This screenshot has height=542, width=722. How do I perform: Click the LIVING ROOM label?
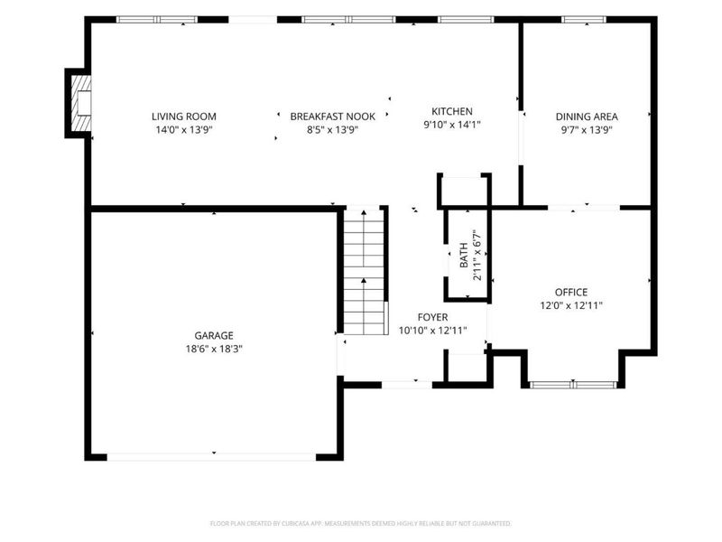coord(184,117)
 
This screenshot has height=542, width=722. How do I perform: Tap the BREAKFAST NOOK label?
coord(332,117)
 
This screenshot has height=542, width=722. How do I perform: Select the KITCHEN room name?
coord(452,111)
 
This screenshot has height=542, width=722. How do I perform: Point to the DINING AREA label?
coord(587,117)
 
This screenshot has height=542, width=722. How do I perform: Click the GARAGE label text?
coord(214,335)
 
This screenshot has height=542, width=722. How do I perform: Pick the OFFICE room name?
coord(571,292)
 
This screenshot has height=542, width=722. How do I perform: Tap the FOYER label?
coord(432,317)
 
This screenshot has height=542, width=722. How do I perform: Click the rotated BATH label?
coord(464,255)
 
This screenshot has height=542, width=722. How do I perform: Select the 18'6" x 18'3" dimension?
coord(214,349)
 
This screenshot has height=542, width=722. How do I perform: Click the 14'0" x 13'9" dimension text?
coord(184,130)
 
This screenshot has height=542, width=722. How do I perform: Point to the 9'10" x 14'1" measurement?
coord(452,125)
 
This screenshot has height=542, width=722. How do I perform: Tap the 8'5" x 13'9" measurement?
coord(332,130)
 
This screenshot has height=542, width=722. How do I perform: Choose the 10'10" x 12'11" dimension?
coord(432,331)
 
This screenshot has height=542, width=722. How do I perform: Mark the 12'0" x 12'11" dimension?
coord(571,305)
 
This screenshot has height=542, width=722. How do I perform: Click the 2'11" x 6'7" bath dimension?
coord(477,255)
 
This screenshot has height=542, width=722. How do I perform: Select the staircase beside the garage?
coord(365,272)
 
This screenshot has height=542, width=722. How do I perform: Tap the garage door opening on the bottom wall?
coord(211,457)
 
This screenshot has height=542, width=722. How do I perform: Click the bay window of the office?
coord(573,385)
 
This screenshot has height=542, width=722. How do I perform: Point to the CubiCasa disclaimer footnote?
coord(360,524)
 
